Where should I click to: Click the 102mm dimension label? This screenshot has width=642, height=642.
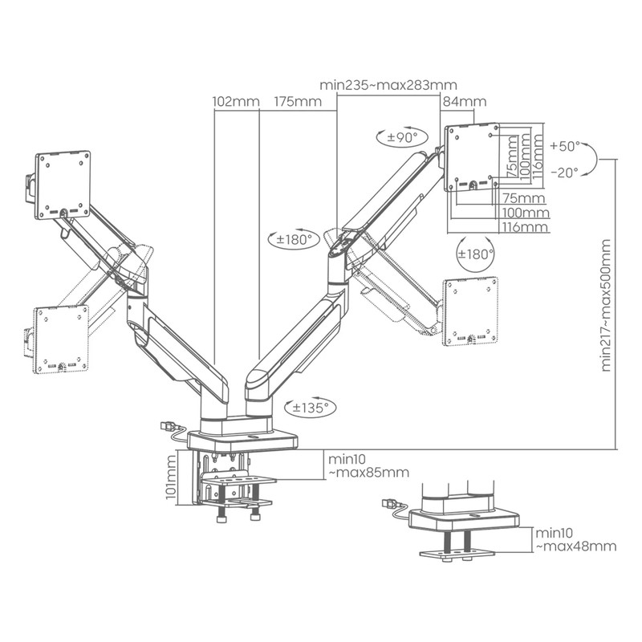click(236, 101)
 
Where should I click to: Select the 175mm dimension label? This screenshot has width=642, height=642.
click(298, 101)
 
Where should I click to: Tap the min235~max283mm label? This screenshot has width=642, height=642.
click(388, 85)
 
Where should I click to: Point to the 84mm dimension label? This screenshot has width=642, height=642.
click(465, 101)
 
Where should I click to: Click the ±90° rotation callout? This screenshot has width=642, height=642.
click(402, 136)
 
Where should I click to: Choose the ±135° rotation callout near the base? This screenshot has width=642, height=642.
click(310, 408)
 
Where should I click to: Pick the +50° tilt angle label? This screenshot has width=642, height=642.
click(566, 146)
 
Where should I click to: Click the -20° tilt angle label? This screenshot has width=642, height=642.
click(565, 173)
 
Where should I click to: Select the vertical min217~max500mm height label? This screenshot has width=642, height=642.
click(606, 305)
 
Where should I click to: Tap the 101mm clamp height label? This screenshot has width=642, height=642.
click(171, 477)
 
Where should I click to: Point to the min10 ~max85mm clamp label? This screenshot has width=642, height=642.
click(368, 465)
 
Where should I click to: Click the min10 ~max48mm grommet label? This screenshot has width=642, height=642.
click(576, 539)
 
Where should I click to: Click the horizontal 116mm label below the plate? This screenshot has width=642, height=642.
click(526, 227)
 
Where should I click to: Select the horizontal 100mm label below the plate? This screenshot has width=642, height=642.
click(526, 213)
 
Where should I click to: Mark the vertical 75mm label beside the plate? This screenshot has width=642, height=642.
click(512, 157)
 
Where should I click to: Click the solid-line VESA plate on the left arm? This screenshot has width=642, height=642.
click(63, 185)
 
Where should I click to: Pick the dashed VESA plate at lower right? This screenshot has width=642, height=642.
click(471, 311)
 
